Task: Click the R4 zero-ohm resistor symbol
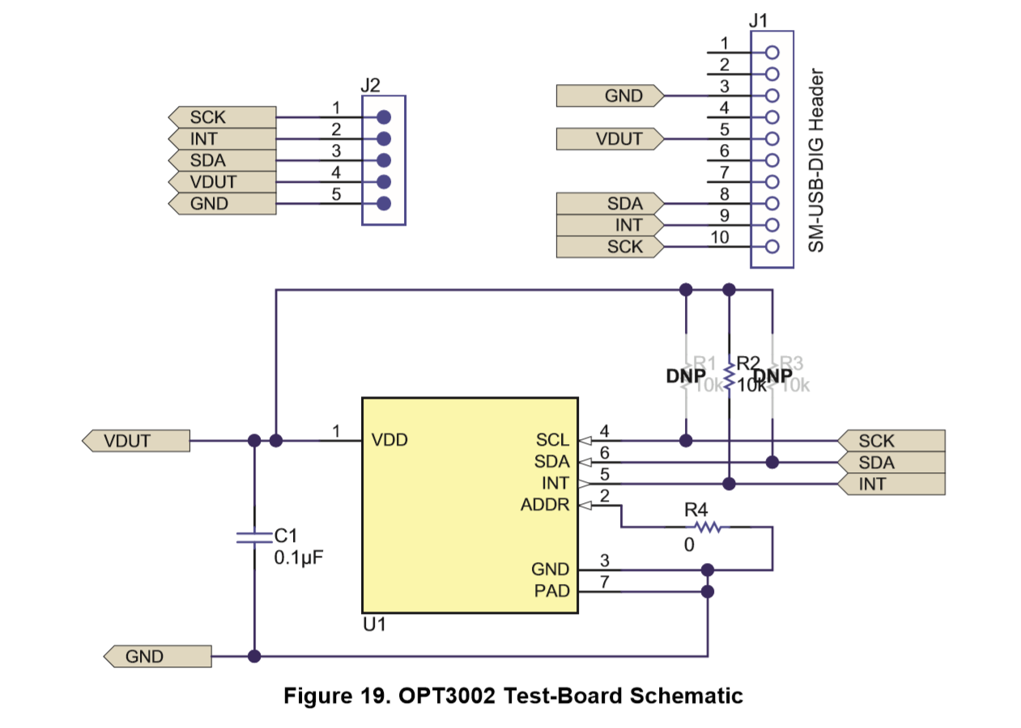(708, 527)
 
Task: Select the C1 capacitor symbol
(254, 538)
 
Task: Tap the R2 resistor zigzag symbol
(730, 376)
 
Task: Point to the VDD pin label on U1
(389, 441)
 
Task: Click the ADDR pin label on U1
(546, 506)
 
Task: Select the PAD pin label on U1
(551, 591)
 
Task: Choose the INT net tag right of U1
(890, 485)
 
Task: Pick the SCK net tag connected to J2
(220, 117)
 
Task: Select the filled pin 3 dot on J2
(385, 160)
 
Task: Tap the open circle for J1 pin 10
(772, 247)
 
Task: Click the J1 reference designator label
(759, 19)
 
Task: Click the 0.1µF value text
(299, 558)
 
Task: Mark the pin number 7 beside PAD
(604, 582)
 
